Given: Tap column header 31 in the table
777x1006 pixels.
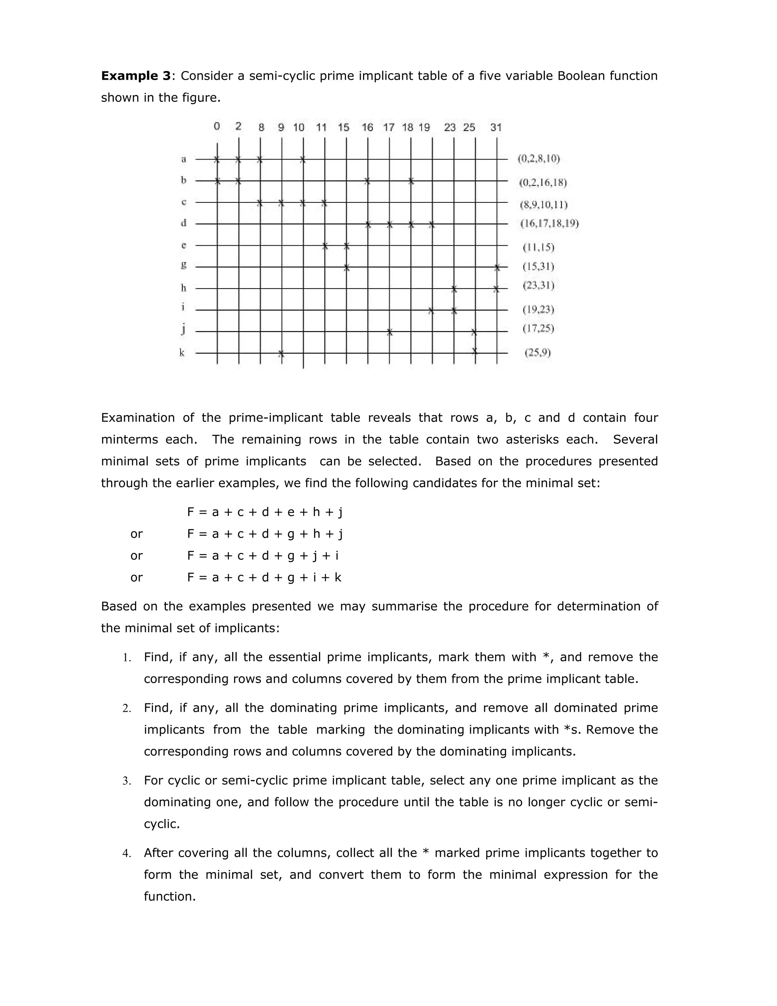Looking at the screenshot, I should pyautogui.click(x=496, y=128).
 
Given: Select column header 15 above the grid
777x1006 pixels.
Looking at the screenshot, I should pyautogui.click(x=343, y=128).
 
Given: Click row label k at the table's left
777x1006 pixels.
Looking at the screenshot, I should pyautogui.click(x=182, y=353).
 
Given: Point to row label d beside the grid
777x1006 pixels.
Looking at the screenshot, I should pyautogui.click(x=183, y=223).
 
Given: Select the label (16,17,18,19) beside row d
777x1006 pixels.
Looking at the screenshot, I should pyautogui.click(x=549, y=224).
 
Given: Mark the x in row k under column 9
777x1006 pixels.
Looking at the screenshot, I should pyautogui.click(x=281, y=354).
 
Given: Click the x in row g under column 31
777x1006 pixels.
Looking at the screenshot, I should pyautogui.click(x=497, y=268).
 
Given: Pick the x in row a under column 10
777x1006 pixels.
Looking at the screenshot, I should pyautogui.click(x=302, y=159).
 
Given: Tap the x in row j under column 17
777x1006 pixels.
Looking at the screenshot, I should pyautogui.click(x=389, y=332).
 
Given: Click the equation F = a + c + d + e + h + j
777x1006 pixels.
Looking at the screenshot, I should pyautogui.click(x=265, y=512).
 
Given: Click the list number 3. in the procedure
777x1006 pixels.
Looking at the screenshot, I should pyautogui.click(x=127, y=781).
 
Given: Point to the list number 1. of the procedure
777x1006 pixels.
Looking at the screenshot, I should pyautogui.click(x=127, y=658).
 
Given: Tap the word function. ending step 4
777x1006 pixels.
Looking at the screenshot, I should pyautogui.click(x=170, y=896).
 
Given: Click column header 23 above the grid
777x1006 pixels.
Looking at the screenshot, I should pyautogui.click(x=450, y=128).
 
